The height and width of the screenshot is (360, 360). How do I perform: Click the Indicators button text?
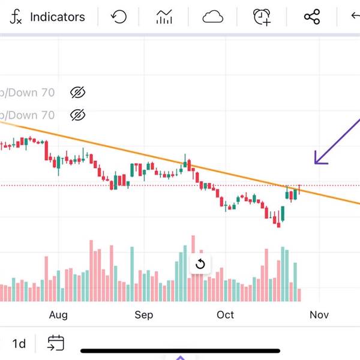(58, 17)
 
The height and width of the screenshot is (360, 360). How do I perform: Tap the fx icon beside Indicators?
(16, 17)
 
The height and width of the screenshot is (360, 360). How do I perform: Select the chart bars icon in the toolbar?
(164, 17)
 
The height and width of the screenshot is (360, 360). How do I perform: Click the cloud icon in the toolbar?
(213, 17)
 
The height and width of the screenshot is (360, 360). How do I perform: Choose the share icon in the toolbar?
(312, 17)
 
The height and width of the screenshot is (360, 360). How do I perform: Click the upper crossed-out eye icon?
(78, 92)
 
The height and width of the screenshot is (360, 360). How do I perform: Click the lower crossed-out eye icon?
(78, 115)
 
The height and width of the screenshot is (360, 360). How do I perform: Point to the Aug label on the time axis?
(58, 315)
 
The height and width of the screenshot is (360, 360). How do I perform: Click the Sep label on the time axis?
(144, 315)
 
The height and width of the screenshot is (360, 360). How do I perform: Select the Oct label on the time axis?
(225, 315)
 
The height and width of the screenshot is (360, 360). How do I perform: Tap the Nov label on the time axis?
(319, 315)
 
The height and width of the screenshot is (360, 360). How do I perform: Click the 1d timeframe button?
(19, 343)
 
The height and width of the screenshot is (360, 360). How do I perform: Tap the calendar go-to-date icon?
(56, 343)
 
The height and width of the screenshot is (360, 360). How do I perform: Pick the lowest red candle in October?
(278, 222)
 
